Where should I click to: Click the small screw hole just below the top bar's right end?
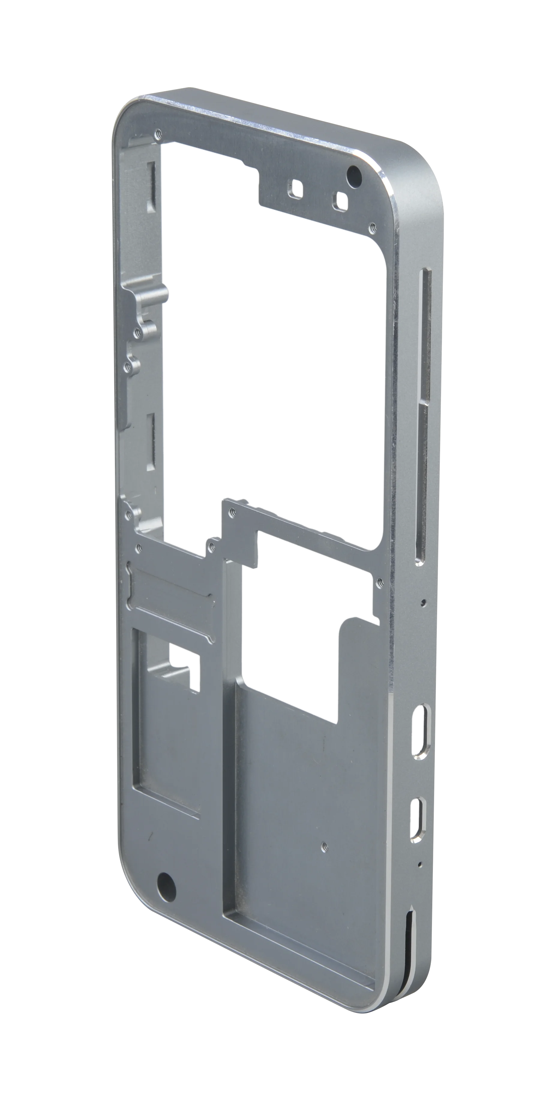(x=372, y=228)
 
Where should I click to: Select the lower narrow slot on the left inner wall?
(x=150, y=442)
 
